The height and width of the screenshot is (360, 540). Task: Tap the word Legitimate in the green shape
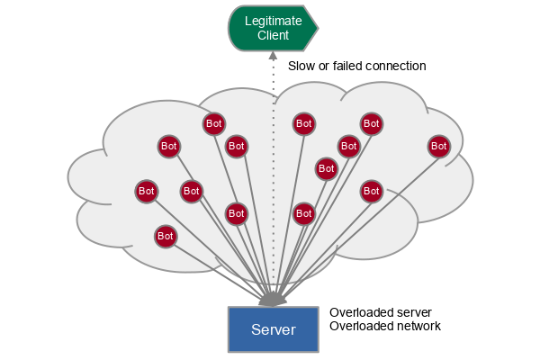pos(273,21)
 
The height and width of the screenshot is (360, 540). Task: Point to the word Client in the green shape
pos(273,36)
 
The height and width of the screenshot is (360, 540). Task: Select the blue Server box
pos(273,329)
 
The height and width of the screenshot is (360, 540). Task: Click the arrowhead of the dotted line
pos(272,56)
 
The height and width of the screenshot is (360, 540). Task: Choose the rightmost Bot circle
pos(438,145)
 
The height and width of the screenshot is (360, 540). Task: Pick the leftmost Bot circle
pos(146,191)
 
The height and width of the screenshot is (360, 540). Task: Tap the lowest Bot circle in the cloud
pos(165,236)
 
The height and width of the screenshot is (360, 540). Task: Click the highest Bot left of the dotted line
pos(213,123)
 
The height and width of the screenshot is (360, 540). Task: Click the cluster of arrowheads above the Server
pos(274,298)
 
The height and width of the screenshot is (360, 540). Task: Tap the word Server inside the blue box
pos(273,329)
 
